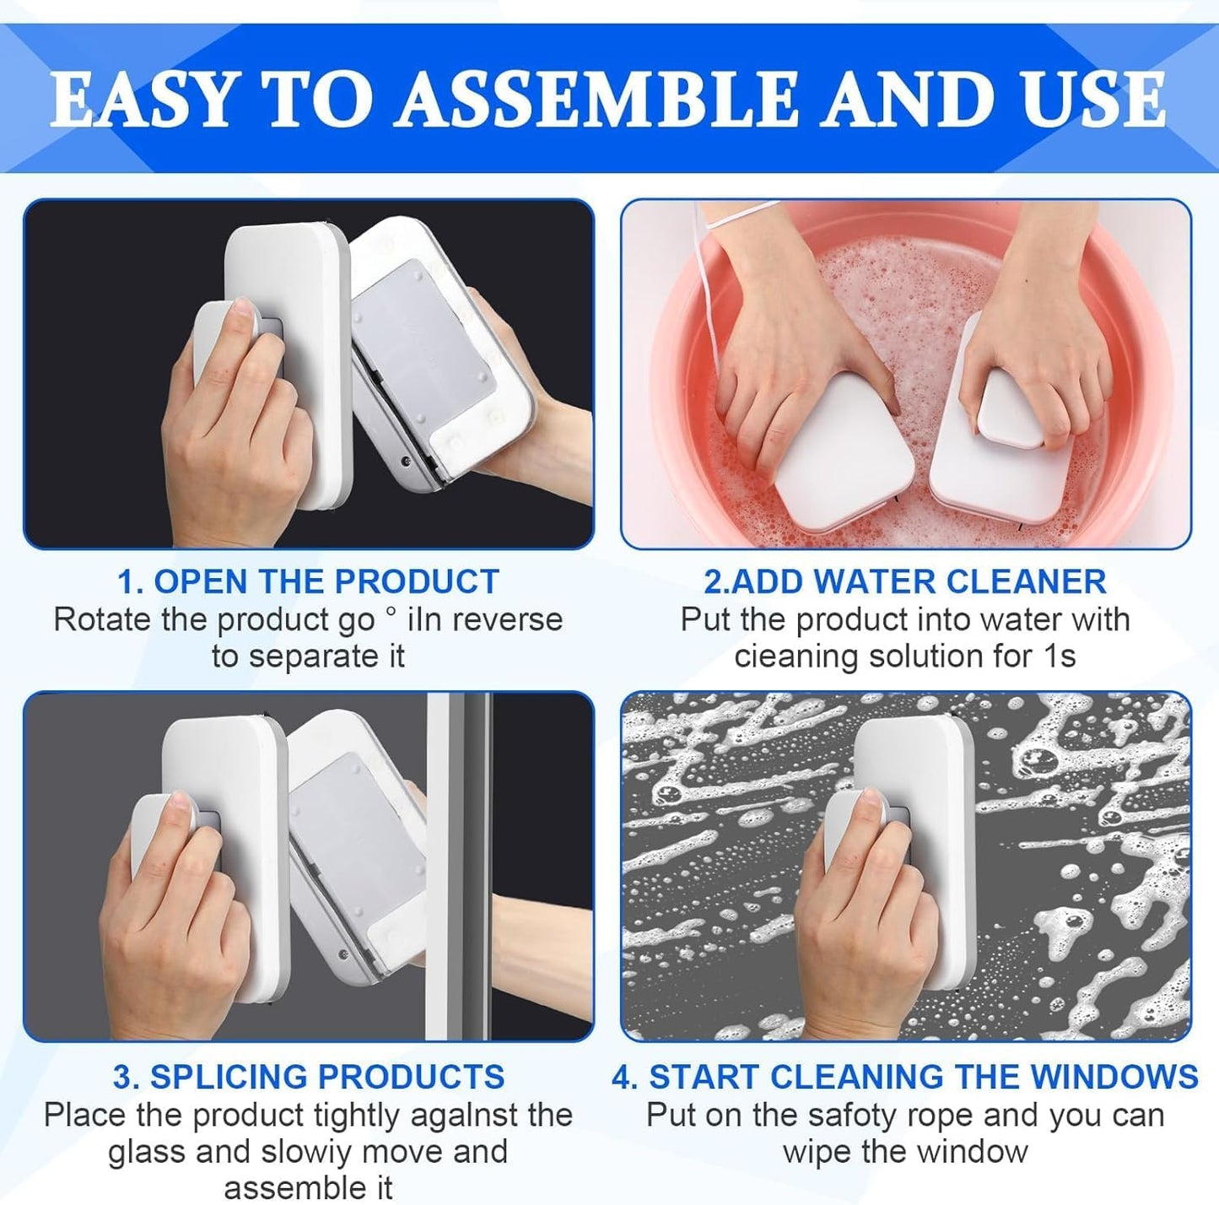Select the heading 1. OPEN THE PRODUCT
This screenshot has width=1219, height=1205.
308,582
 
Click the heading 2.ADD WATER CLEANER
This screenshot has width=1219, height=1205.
905,582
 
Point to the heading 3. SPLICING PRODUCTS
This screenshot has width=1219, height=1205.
309,1077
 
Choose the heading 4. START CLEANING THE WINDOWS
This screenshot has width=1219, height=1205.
905,1077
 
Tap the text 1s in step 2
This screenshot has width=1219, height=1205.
1059,656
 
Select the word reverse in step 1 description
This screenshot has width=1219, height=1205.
505,619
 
